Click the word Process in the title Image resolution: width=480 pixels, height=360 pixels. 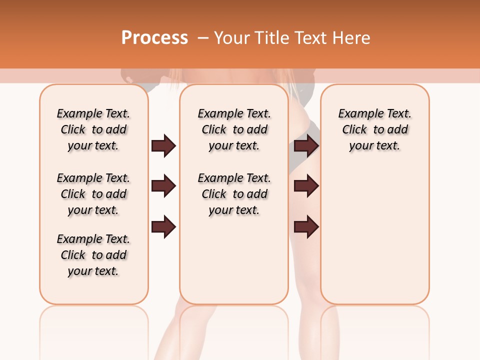154,38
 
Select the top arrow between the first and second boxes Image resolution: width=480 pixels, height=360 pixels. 163,145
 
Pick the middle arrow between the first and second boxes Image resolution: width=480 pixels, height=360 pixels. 163,186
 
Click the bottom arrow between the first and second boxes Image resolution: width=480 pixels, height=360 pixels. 163,226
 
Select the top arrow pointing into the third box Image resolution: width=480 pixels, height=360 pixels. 306,145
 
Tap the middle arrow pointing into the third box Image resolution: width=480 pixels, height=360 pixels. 306,186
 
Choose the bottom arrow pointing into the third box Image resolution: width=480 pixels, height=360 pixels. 306,226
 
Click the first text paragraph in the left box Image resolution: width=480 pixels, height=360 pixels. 93,129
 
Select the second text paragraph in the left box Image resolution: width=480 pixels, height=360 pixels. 93,194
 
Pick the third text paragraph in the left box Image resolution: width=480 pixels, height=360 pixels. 93,255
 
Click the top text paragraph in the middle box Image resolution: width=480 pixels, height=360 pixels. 234,129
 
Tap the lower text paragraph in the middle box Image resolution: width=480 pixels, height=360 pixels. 234,194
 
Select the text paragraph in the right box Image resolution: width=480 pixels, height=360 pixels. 374,129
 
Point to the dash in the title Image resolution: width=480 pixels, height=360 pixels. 203,38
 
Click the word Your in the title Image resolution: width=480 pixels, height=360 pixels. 232,38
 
